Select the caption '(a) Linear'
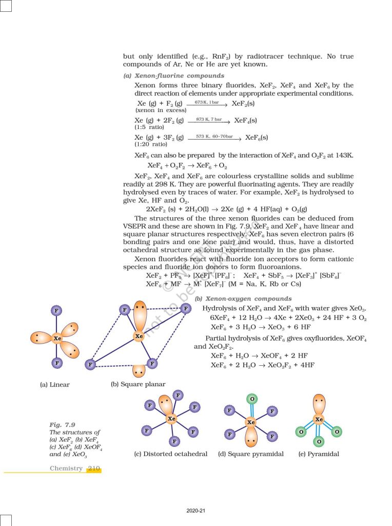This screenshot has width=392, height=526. click(55, 384)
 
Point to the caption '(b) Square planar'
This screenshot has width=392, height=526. click(138, 384)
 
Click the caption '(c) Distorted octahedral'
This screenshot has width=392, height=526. click(170, 454)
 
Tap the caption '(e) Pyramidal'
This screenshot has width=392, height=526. click(319, 454)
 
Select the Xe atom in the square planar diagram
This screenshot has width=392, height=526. click(139, 336)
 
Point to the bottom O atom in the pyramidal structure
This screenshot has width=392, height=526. click(319, 442)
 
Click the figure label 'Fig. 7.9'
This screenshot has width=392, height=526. click(63, 425)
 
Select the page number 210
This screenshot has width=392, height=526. click(94, 468)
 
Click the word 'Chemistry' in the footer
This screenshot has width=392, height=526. click(66, 468)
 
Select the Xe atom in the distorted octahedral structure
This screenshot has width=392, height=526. click(171, 419)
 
